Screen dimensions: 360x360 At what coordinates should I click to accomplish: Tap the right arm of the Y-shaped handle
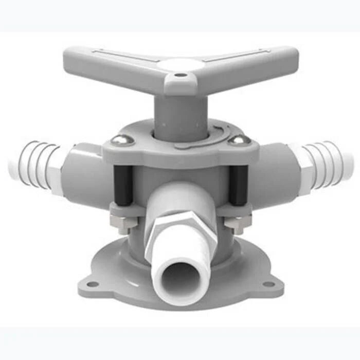[257, 61]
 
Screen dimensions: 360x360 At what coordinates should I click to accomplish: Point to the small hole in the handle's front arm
[180, 76]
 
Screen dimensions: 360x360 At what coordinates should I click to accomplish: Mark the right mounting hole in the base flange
[268, 284]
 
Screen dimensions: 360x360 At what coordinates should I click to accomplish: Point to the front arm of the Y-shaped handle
[180, 85]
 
